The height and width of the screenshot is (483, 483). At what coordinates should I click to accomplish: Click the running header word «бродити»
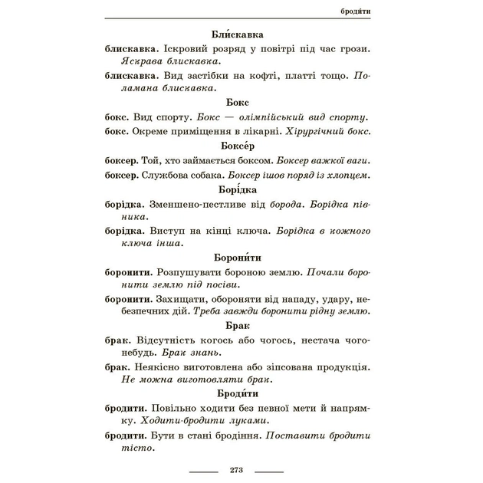[x=354, y=11]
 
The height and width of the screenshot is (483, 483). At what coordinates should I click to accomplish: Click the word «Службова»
[x=164, y=175]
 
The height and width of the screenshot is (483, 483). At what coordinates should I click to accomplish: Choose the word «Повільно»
[x=178, y=408]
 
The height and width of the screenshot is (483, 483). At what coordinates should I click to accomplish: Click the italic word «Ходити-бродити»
[x=179, y=420]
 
